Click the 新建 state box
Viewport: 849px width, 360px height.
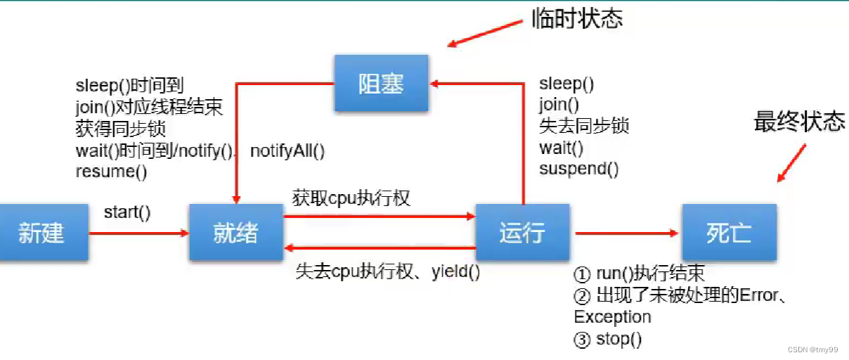point(42,233)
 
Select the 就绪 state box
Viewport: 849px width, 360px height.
point(235,233)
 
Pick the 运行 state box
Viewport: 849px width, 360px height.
point(521,233)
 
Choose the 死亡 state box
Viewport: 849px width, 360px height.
point(729,233)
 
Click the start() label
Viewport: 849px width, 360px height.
point(127,212)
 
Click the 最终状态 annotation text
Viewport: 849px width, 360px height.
point(799,122)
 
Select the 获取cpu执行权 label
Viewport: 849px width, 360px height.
point(351,198)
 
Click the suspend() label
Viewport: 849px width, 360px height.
point(578,169)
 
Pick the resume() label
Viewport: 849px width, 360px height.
point(111,172)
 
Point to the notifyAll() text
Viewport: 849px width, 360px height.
point(287,150)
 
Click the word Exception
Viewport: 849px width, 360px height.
point(612,317)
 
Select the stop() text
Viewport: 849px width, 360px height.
point(618,339)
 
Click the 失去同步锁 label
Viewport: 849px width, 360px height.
point(583,127)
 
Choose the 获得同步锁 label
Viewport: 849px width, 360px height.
point(120,129)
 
